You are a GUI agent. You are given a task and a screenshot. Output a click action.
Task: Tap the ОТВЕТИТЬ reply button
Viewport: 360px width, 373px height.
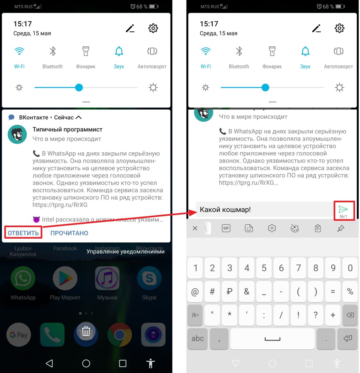(x=23, y=233)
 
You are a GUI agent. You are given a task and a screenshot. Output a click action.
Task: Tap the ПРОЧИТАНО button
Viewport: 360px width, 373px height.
(x=69, y=233)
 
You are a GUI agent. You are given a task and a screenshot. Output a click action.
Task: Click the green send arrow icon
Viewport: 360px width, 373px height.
(x=343, y=209)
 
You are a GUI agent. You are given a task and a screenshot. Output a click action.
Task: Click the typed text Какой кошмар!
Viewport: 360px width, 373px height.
(x=225, y=210)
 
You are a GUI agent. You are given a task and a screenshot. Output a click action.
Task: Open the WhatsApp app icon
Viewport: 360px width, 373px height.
(x=23, y=279)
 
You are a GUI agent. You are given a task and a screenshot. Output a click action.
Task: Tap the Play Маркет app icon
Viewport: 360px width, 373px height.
(x=65, y=279)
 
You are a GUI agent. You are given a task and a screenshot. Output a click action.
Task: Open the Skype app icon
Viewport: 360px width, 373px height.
(x=149, y=279)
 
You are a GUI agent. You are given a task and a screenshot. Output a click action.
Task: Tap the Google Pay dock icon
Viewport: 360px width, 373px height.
(x=19, y=335)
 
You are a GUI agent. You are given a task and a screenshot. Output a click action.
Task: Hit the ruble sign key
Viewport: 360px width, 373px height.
(x=230, y=292)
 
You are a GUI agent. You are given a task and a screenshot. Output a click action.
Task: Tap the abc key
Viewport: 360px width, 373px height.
(x=198, y=338)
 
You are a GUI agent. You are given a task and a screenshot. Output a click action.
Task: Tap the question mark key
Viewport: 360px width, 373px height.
(x=316, y=315)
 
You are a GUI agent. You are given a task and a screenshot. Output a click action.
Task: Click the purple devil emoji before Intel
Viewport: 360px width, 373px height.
(x=36, y=219)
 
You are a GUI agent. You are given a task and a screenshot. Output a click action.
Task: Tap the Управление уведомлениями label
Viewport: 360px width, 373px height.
(x=125, y=251)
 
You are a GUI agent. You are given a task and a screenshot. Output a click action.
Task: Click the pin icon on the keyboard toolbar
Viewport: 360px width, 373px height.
(x=341, y=228)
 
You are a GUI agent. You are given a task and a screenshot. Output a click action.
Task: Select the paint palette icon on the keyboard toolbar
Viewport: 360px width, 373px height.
(x=295, y=228)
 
